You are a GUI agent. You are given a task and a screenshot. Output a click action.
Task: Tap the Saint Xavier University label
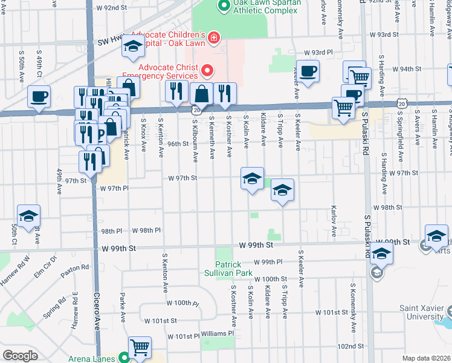pos(421,312)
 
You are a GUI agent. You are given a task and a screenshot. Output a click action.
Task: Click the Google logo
pos(20,356)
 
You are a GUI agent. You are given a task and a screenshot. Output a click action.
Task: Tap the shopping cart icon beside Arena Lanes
pos(140,347)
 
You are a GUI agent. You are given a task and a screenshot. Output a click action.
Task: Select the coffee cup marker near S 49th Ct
pos(39,96)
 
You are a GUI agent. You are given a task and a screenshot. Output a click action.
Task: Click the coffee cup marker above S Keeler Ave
pos(308,71)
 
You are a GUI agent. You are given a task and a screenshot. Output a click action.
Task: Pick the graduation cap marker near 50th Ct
pos(28,216)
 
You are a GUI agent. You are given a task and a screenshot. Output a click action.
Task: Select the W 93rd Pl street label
pos(318,53)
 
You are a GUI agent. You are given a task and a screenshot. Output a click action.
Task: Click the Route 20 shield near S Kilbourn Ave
pos(197,110)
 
